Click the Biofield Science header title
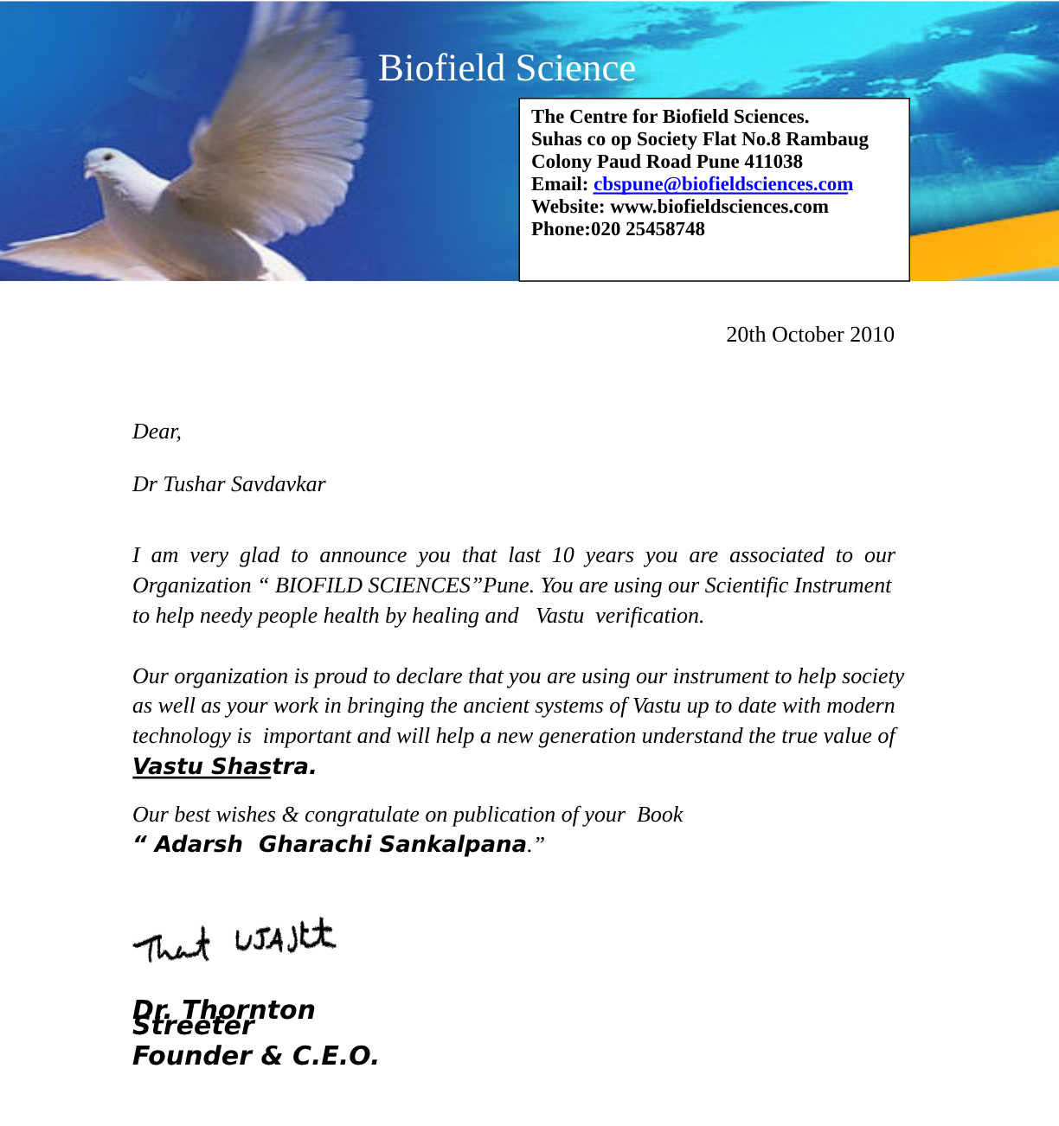tap(506, 68)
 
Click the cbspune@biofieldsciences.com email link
tap(722, 184)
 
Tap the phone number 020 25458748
tap(648, 229)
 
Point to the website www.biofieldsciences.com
tap(719, 207)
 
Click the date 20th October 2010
tap(810, 335)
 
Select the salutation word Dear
tap(156, 432)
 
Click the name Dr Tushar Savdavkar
tap(228, 484)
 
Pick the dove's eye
tap(108, 157)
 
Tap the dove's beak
tap(88, 172)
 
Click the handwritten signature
tap(234, 941)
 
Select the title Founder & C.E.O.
tap(255, 1056)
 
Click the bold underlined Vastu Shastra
tap(224, 767)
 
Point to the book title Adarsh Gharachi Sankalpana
tap(340, 844)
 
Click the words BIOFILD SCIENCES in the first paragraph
tap(372, 585)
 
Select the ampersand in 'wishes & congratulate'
tap(290, 815)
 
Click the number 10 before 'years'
tap(562, 555)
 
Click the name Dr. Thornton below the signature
tap(223, 1009)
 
